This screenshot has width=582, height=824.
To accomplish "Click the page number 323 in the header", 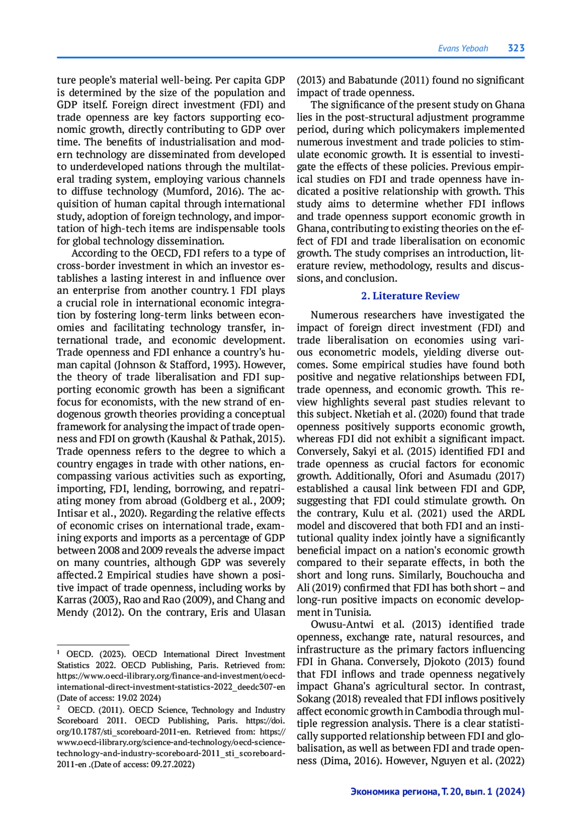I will tap(516, 48).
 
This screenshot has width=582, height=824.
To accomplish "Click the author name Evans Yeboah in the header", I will tap(463, 48).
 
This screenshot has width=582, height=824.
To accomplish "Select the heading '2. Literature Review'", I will tap(410, 296).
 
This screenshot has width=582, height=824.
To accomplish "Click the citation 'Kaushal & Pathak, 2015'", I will tap(226, 439).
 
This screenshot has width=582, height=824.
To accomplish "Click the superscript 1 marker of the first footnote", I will tap(58, 653).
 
